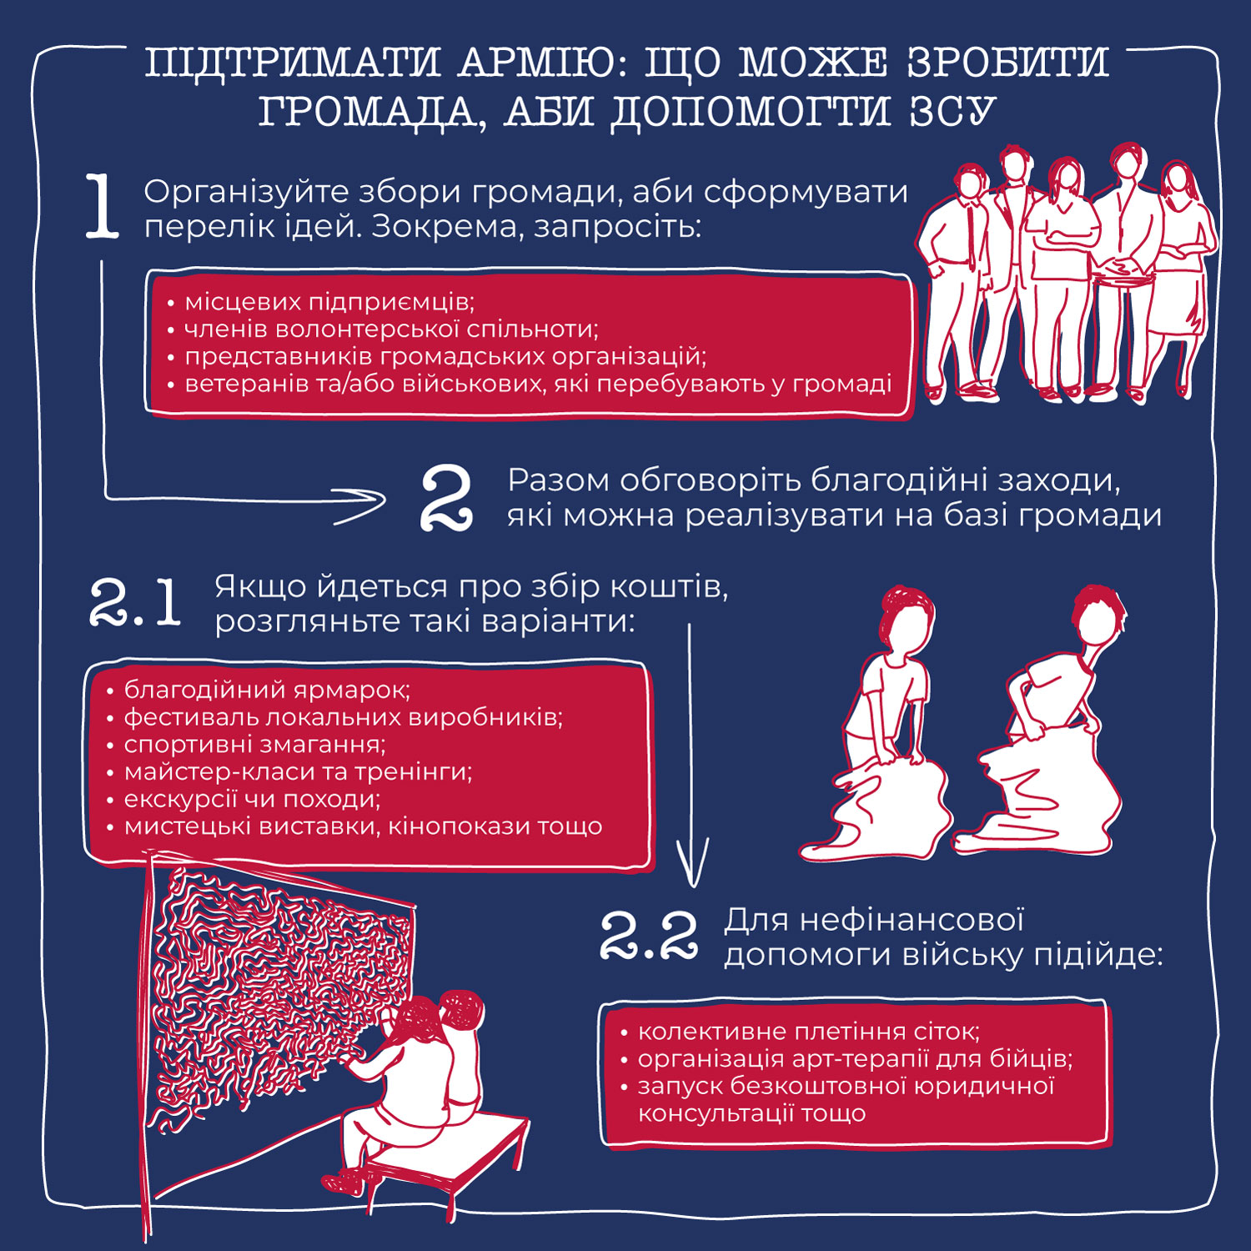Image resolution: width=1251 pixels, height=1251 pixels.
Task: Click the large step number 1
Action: point(103,208)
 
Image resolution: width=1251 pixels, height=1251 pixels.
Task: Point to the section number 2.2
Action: point(649,937)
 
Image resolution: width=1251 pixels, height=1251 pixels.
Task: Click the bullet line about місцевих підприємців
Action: point(329,301)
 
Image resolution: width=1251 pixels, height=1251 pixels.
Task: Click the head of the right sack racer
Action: point(1098,617)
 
